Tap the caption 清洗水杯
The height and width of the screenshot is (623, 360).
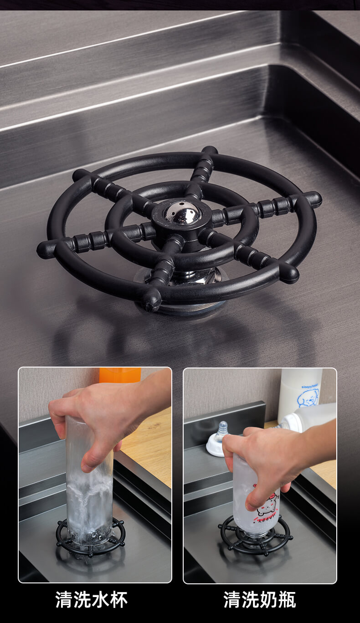pyautogui.click(x=92, y=599)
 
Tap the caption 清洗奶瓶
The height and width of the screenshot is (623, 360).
pyautogui.click(x=260, y=599)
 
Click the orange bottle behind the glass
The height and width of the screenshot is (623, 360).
pyautogui.click(x=120, y=375)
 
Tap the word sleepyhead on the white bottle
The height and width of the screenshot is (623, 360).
pyautogui.click(x=310, y=386)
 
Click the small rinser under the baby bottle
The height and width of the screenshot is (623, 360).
pyautogui.click(x=255, y=536)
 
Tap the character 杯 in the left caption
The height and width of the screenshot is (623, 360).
pyautogui.click(x=119, y=599)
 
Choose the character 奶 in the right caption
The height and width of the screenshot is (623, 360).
pyautogui.click(x=269, y=599)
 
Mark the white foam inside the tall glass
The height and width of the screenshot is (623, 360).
pyautogui.click(x=89, y=498)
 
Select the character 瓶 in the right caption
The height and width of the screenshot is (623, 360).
pyautogui.click(x=288, y=599)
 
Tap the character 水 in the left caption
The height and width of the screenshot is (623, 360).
pyautogui.click(x=100, y=599)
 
